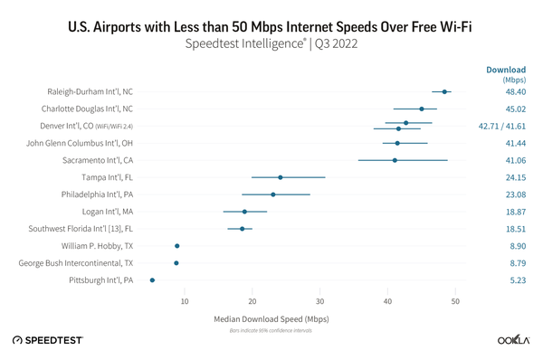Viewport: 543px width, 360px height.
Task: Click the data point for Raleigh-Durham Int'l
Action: point(444,91)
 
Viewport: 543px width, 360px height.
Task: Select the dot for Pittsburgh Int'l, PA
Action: point(152,280)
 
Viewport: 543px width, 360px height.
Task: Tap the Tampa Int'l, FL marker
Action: point(281,177)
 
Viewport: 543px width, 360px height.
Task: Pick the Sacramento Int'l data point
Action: point(395,160)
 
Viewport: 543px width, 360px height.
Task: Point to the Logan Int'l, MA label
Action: point(102,212)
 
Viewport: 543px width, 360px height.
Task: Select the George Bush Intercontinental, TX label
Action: point(76,263)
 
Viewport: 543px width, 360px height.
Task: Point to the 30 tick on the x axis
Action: point(319,301)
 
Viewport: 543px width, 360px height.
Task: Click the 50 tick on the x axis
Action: point(455,301)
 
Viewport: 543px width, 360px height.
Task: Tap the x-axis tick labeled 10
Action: point(185,301)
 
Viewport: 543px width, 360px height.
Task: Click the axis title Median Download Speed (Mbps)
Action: point(271,319)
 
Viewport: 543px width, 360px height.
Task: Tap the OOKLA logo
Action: point(512,340)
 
